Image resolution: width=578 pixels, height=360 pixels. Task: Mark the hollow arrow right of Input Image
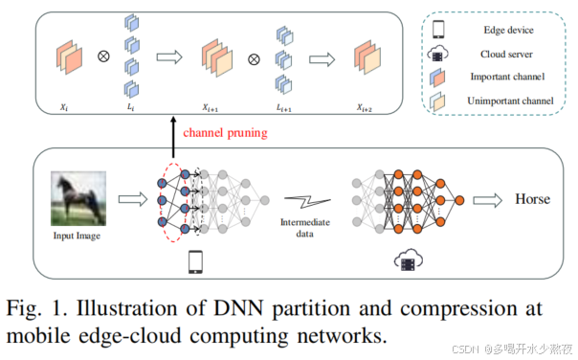click(x=130, y=201)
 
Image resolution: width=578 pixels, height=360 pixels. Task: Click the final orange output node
click(x=459, y=200)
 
